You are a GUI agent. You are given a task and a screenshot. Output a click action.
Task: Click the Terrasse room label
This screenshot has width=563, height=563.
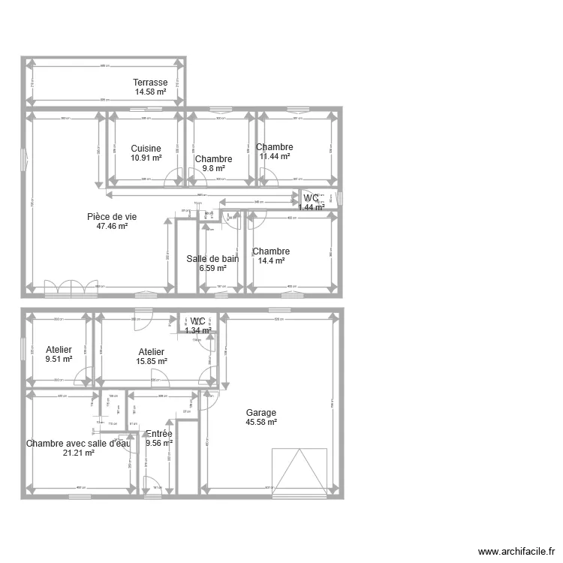point(150,83)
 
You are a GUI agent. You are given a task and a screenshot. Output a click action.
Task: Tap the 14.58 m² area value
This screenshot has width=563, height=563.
point(150,92)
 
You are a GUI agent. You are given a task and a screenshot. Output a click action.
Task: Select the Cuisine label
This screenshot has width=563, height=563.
point(146,149)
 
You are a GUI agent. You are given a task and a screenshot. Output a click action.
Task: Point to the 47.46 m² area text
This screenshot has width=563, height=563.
point(112,226)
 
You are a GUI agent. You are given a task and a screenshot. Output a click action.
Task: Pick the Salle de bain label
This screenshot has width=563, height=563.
point(212,259)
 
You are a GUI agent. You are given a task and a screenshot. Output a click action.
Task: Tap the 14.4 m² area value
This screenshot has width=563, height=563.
point(271,261)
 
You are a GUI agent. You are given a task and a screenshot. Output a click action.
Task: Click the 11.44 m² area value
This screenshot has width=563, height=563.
point(274,157)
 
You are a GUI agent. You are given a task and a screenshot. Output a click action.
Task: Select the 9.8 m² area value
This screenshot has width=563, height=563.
point(213,169)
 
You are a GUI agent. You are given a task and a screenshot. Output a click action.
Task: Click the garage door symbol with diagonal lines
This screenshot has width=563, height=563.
point(300,471)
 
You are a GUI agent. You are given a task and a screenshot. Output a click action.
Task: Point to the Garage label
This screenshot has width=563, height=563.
point(261,413)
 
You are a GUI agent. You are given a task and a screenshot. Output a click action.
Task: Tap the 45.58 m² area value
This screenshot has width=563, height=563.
point(261,423)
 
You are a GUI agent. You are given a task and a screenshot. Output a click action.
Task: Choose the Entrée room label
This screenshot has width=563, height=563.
point(159,434)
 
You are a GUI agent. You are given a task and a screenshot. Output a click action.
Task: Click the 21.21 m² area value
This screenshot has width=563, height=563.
point(78,453)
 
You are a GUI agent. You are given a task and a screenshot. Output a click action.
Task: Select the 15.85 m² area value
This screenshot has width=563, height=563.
point(152,361)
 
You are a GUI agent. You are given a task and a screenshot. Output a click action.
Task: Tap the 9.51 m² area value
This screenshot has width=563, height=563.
point(59,359)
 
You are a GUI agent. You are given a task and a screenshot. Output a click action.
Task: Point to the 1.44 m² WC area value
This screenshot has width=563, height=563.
point(311,206)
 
